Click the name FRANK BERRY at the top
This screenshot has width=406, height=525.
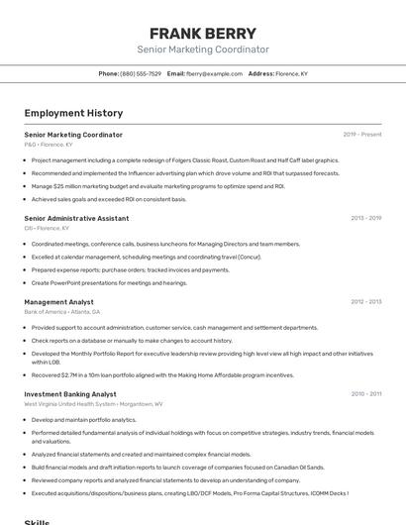click(x=202, y=34)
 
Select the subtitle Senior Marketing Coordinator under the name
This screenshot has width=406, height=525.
click(x=202, y=50)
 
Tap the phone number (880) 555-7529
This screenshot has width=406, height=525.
click(x=141, y=73)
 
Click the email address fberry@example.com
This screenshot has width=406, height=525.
click(x=214, y=73)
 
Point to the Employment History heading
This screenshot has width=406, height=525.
click(x=73, y=113)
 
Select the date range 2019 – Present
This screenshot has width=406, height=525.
click(x=361, y=135)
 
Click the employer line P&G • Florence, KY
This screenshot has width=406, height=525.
click(x=50, y=145)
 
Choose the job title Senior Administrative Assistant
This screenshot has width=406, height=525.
click(x=76, y=218)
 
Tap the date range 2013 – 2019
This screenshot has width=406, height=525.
click(x=365, y=218)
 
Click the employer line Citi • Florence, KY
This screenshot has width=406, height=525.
click(x=47, y=228)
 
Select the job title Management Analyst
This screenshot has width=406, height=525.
click(x=59, y=301)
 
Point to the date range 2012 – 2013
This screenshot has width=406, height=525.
click(x=365, y=301)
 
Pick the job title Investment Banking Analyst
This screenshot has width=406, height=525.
click(x=70, y=394)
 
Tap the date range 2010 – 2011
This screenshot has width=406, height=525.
click(x=365, y=394)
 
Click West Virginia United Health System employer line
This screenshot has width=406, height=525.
click(x=93, y=404)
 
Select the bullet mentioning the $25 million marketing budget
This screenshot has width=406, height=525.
click(x=158, y=186)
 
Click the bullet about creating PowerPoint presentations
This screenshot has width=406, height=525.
click(x=109, y=282)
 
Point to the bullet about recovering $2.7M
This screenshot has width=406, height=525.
click(x=162, y=375)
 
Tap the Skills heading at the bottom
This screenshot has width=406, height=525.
click(x=38, y=521)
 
